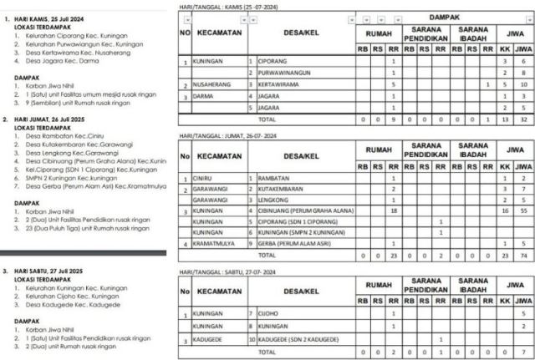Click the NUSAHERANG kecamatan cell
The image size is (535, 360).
(x=211, y=84)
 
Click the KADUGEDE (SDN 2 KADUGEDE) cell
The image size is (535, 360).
(x=300, y=340)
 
